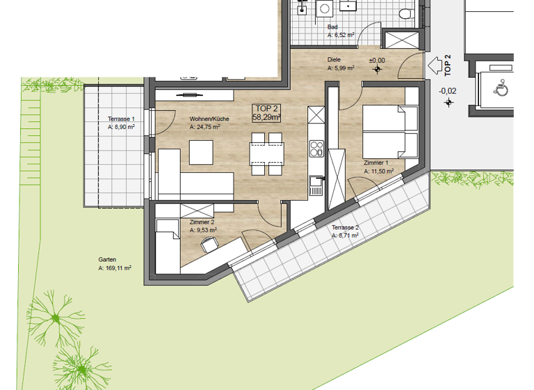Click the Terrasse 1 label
121,119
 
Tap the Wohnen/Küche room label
204,119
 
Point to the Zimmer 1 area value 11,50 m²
380,170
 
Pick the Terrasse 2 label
345,228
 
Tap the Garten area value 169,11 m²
115,267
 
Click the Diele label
334,60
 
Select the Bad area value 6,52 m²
341,33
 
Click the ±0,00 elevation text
376,60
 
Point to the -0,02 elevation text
447,91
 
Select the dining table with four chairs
266,157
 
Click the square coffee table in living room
202,152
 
